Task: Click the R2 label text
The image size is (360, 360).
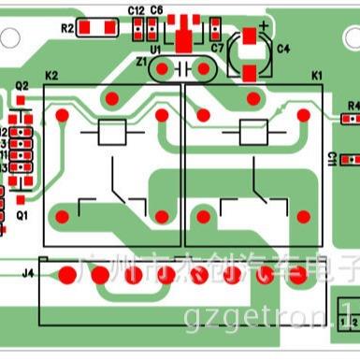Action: pyautogui.click(x=66, y=29)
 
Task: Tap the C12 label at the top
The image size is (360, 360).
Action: pyautogui.click(x=136, y=9)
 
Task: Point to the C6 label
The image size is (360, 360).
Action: pyautogui.click(x=156, y=9)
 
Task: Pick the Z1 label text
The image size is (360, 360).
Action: pyautogui.click(x=142, y=63)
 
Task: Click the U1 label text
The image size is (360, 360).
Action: pyautogui.click(x=156, y=49)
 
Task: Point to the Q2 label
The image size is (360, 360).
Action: pyautogui.click(x=22, y=86)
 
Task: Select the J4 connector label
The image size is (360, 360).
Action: pyautogui.click(x=28, y=273)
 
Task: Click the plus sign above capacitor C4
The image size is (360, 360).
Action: pyautogui.click(x=265, y=25)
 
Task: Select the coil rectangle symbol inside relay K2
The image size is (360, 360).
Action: pyautogui.click(x=113, y=133)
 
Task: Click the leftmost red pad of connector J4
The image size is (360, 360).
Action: pyautogui.click(x=66, y=275)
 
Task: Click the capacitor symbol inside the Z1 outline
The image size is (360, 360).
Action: pyautogui.click(x=183, y=68)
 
